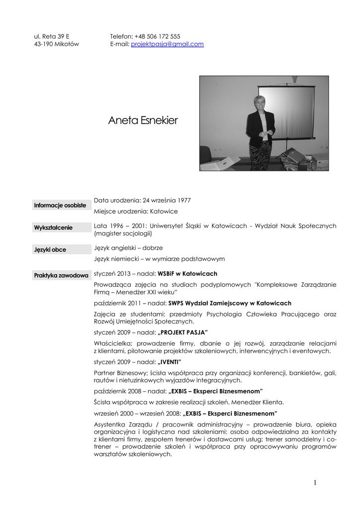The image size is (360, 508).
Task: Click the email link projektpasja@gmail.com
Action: click(167, 44)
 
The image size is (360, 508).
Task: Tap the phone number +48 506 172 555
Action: click(157, 36)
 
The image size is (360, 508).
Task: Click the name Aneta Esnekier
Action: click(143, 121)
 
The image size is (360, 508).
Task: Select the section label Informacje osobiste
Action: click(60, 205)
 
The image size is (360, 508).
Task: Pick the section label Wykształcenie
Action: click(53, 228)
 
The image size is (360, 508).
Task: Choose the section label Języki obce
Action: click(50, 250)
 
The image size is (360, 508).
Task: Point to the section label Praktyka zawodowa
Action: click(61, 275)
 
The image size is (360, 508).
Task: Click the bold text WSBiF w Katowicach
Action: click(187, 274)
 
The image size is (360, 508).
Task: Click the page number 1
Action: click(315, 483)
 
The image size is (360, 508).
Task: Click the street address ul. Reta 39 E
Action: click(52, 36)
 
